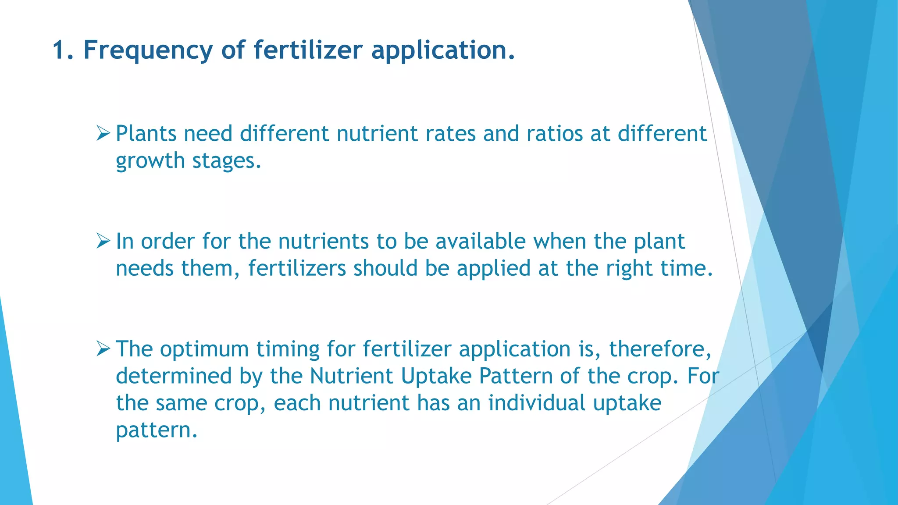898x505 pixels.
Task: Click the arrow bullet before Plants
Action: click(103, 133)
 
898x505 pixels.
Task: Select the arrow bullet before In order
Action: click(103, 241)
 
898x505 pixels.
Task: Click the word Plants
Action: click(146, 133)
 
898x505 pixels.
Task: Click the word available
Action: click(480, 241)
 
